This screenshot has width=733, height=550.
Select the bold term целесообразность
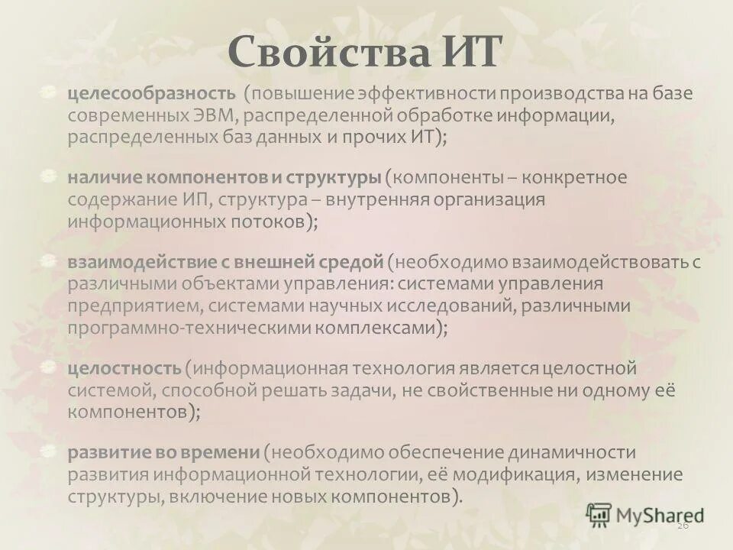tap(151, 94)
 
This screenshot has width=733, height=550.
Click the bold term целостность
tap(124, 368)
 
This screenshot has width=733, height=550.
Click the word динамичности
tap(549, 452)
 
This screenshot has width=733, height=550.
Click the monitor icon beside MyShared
tap(598, 514)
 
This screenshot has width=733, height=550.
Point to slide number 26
tap(683, 527)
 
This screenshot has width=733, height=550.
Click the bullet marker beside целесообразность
tap(50, 92)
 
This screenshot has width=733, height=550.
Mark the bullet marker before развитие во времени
tap(50, 451)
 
